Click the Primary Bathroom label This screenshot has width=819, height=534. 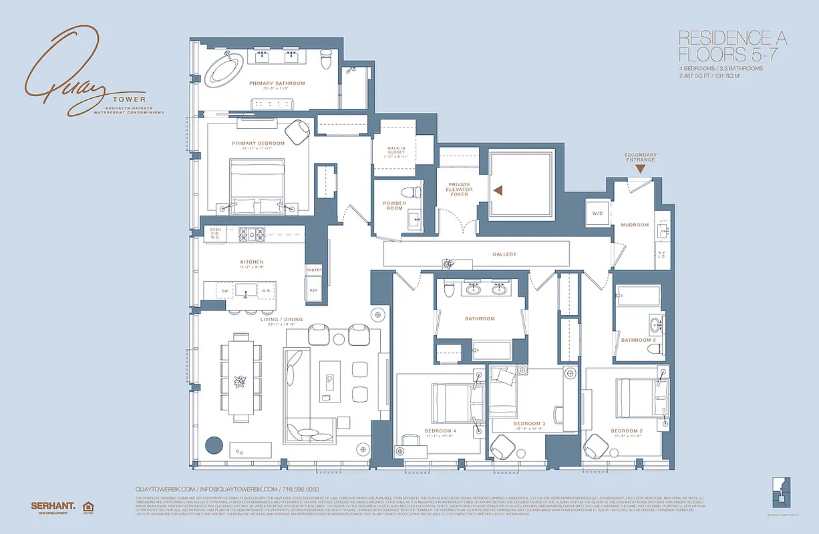pos(277,83)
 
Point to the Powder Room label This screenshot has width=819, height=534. pos(394,206)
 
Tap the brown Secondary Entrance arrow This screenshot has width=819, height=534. pos(640,169)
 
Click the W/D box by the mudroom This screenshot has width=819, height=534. pos(597,214)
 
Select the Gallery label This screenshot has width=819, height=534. pos(504,254)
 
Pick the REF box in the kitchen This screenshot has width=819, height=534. pos(314,290)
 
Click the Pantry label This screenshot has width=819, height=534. pos(314,270)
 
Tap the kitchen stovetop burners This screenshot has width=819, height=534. pos(250,233)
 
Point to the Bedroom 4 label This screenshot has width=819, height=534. pos(440,431)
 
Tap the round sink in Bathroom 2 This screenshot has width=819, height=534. pos(653,326)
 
